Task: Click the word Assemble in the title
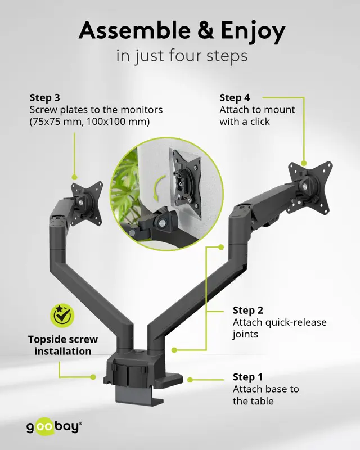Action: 134,30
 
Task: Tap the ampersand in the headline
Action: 205,30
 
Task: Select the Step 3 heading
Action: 45,97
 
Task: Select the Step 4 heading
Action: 235,97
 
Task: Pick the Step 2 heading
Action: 247,310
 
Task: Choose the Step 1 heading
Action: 247,377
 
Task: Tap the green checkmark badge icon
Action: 62,316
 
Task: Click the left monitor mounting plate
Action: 87,203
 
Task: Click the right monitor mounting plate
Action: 310,187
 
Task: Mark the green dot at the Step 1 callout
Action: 190,380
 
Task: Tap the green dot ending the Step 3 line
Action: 74,177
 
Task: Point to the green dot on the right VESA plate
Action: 304,163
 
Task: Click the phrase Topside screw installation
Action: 63,345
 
